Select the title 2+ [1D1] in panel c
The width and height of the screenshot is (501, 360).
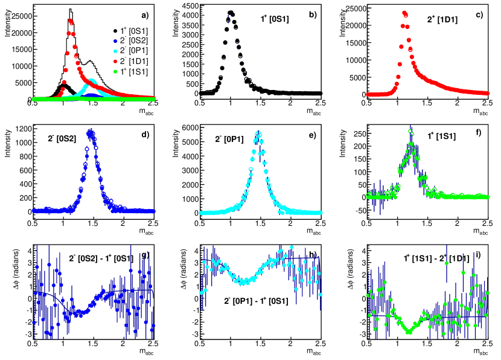tap(442, 20)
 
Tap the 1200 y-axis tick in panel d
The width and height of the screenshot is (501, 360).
tap(24, 129)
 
